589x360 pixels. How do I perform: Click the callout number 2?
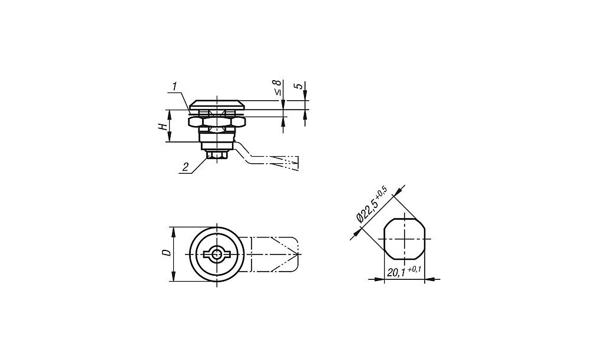point(186,167)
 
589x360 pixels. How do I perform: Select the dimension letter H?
point(163,126)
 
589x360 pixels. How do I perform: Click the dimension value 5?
point(299,85)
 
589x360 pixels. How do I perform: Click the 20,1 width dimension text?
point(396,273)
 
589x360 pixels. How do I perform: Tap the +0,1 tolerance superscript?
point(414,269)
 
